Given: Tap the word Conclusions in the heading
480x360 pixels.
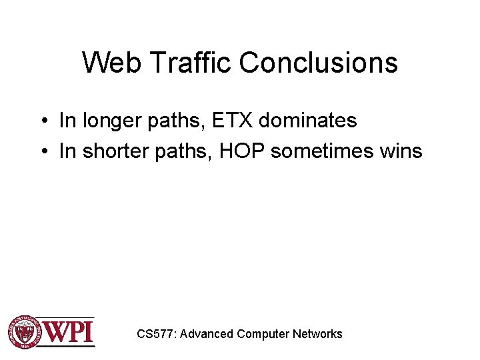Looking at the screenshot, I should pyautogui.click(x=318, y=63).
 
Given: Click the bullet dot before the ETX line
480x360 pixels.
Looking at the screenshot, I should pyautogui.click(x=42, y=121).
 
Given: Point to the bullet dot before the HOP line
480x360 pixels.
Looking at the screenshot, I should pyautogui.click(x=42, y=152).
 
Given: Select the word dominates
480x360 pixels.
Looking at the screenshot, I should pyautogui.click(x=307, y=121).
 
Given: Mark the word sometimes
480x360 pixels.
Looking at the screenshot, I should pyautogui.click(x=321, y=151).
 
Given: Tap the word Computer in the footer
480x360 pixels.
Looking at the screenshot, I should pyautogui.click(x=263, y=334).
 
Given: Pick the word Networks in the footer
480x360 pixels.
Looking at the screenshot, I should pyautogui.click(x=317, y=334).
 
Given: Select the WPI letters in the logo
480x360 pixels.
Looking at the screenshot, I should pyautogui.click(x=69, y=331).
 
